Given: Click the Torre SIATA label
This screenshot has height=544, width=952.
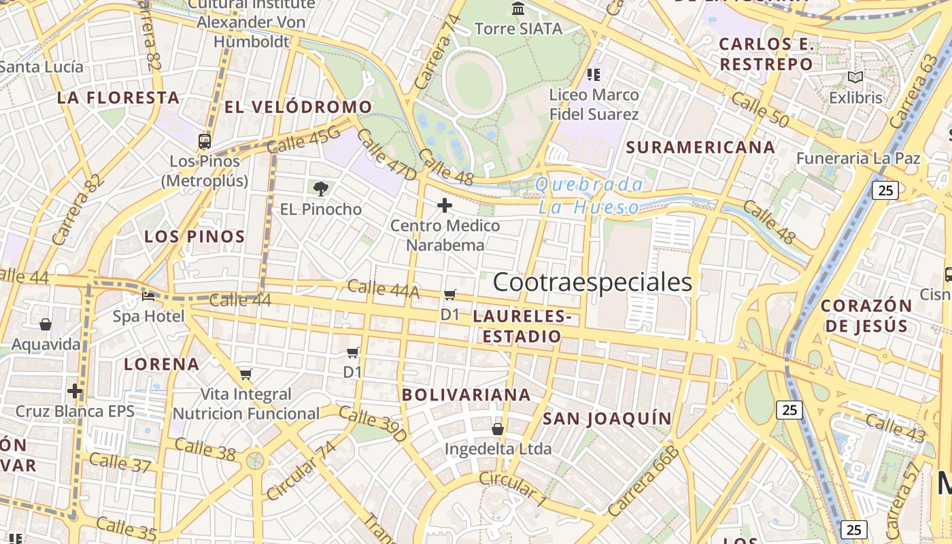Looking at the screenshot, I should pyautogui.click(x=518, y=29).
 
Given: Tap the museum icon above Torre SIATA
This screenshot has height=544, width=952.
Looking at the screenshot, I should pyautogui.click(x=518, y=8).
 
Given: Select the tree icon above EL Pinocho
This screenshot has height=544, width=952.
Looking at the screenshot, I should pyautogui.click(x=321, y=188).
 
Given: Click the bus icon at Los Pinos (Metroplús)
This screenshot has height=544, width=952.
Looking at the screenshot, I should pyautogui.click(x=205, y=141).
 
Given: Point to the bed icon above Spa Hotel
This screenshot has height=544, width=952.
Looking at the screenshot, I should pyautogui.click(x=148, y=296).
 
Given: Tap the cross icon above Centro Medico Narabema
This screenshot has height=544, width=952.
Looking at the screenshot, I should pyautogui.click(x=445, y=205).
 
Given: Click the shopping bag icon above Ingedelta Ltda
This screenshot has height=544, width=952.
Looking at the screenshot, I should pyautogui.click(x=498, y=429).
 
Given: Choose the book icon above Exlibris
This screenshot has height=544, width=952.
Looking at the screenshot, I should pyautogui.click(x=855, y=78).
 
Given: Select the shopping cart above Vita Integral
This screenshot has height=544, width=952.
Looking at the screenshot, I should pyautogui.click(x=246, y=374).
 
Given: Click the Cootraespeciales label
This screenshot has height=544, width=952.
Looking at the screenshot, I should pyautogui.click(x=592, y=282).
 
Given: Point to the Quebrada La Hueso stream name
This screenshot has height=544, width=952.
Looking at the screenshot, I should pyautogui.click(x=589, y=196).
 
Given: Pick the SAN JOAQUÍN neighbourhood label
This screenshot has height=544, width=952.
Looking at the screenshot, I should pyautogui.click(x=607, y=418).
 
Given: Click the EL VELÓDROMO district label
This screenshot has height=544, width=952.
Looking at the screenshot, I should pyautogui.click(x=299, y=107).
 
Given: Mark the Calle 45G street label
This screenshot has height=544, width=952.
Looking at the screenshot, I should pyautogui.click(x=303, y=140).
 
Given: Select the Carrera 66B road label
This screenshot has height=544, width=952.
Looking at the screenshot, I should pyautogui.click(x=643, y=481).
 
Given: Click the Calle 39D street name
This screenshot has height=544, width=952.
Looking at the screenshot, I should pyautogui.click(x=372, y=424).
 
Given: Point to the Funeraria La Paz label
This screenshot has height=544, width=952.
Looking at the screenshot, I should pyautogui.click(x=858, y=158).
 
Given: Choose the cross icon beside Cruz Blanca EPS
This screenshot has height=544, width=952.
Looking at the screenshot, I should pyautogui.click(x=75, y=391).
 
